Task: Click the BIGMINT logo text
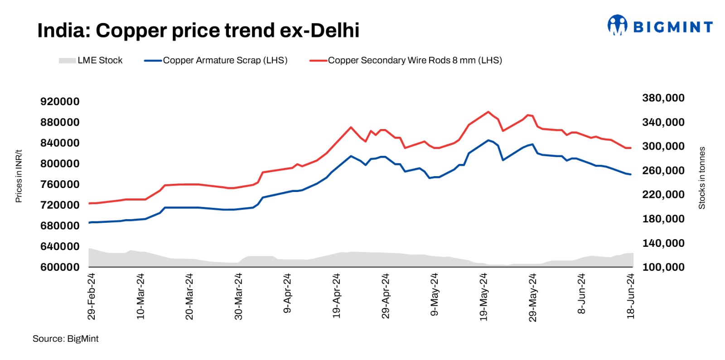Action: [x=672, y=27]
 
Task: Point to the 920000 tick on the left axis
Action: [x=60, y=101]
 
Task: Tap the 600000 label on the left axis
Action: [x=60, y=267]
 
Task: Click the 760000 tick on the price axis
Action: [x=60, y=184]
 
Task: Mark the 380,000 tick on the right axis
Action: [x=663, y=98]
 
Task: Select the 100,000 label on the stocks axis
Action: [x=663, y=267]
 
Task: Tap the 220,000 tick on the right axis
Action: [x=663, y=195]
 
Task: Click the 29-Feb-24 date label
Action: [x=92, y=296]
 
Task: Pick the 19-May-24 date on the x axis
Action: [x=483, y=296]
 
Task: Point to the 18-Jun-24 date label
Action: [x=631, y=296]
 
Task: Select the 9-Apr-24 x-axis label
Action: [x=287, y=293]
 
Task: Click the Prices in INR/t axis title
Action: [x=19, y=176]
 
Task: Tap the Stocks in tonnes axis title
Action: [x=702, y=178]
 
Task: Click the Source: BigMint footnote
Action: [x=65, y=339]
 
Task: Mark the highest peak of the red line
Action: [x=488, y=112]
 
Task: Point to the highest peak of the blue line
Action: [x=488, y=140]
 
